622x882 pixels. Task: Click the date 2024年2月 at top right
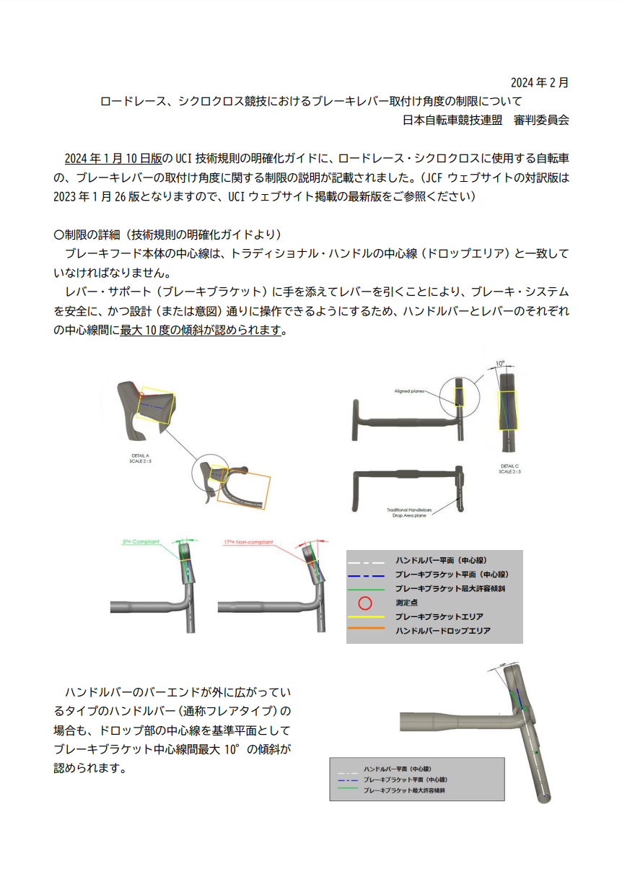coord(539,82)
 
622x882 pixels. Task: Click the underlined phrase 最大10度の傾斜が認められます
coord(203,331)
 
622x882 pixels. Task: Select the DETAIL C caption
coord(510,469)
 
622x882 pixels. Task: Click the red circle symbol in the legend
coord(366,603)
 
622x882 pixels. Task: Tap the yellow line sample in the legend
coord(366,617)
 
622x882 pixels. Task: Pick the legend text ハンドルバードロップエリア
coord(442,631)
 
